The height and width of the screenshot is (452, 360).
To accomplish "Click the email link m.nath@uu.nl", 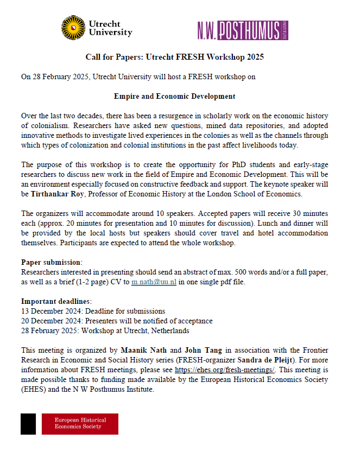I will [154, 283].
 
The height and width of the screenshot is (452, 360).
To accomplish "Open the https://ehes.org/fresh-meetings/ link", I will [225, 370].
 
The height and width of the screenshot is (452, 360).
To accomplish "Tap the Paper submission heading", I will [52, 262].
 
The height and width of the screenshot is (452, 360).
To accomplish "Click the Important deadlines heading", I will [56, 301].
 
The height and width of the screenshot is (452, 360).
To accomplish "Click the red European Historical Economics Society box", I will [80, 423].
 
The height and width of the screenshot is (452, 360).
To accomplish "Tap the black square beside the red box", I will [28, 423].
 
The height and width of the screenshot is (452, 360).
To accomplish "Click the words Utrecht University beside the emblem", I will [110, 28].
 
